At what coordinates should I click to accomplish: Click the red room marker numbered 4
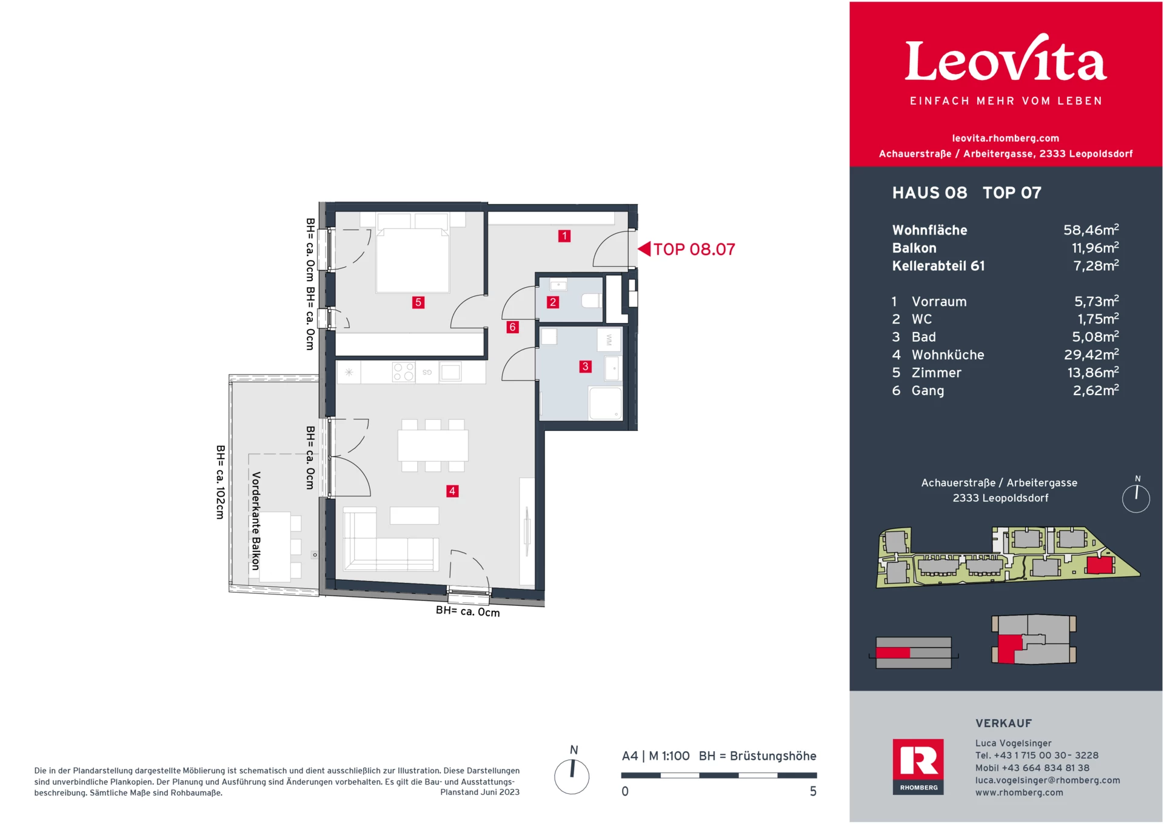tap(452, 491)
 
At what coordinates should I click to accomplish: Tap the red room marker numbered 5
tap(418, 302)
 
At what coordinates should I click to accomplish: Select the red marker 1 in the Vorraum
tap(564, 236)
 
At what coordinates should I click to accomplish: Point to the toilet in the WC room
tap(591, 301)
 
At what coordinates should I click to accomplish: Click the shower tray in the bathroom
tap(606, 404)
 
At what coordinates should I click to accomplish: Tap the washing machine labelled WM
tap(609, 341)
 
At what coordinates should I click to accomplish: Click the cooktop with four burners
tap(404, 372)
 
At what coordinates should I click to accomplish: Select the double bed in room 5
tap(412, 257)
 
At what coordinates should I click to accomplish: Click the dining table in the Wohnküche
tap(433, 445)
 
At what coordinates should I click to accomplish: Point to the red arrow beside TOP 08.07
tap(644, 249)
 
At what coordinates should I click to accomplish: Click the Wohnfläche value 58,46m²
tap(1091, 230)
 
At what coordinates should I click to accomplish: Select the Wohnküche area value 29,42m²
tap(1091, 354)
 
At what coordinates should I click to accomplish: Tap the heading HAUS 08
tap(929, 193)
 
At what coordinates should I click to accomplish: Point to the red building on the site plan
tap(1099, 565)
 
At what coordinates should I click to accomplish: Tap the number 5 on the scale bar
tap(813, 791)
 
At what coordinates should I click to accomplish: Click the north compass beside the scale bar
tap(572, 776)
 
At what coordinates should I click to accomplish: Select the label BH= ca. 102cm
tap(221, 482)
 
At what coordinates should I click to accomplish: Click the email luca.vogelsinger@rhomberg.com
tap(1047, 780)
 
